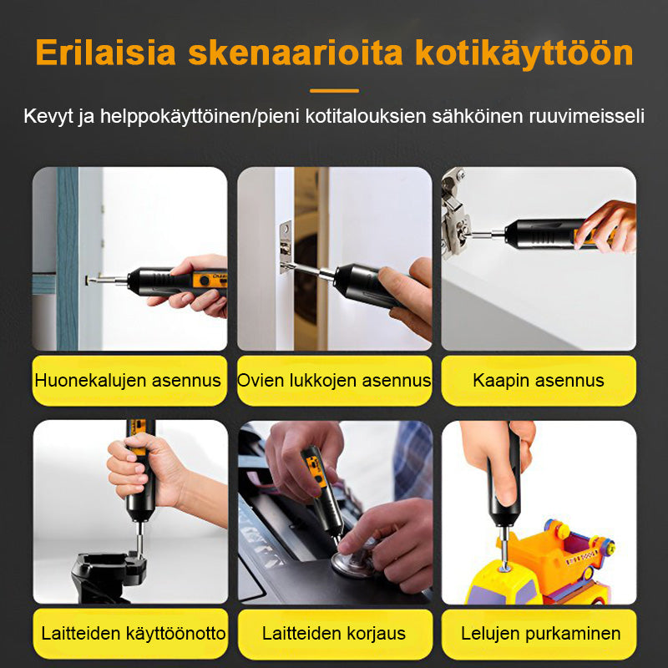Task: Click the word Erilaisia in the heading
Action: (x=106, y=53)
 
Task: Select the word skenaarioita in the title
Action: (x=296, y=53)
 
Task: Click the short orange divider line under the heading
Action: (x=335, y=91)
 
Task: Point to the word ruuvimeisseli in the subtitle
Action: (x=587, y=116)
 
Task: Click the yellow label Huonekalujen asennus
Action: (x=129, y=381)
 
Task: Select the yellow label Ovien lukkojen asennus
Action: (x=335, y=381)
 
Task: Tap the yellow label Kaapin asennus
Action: (x=539, y=381)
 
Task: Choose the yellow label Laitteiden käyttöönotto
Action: (x=130, y=634)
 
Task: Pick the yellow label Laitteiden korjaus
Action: (x=335, y=634)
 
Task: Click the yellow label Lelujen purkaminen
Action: (x=539, y=634)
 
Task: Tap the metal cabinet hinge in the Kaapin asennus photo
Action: (x=455, y=213)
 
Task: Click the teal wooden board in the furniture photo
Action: (x=67, y=259)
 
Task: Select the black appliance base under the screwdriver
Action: (x=109, y=576)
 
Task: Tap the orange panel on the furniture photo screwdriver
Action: (x=210, y=280)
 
